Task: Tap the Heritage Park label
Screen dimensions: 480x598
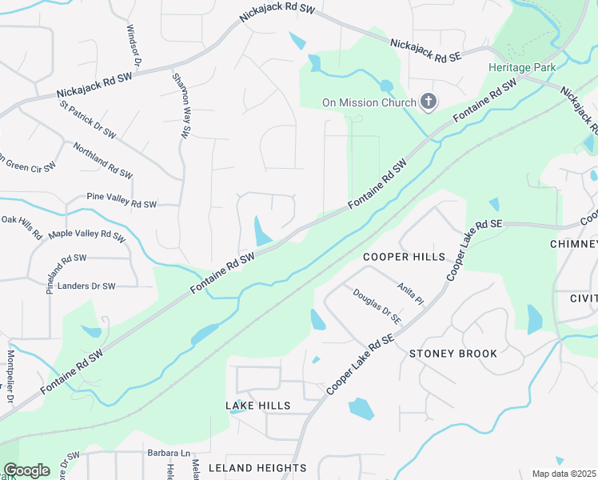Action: coord(522,68)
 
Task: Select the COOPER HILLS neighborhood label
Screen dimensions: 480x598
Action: coord(404,257)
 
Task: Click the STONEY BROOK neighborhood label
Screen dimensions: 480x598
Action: coord(453,354)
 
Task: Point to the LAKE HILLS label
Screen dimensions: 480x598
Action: coord(258,406)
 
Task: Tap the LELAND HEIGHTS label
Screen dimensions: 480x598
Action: coord(257,467)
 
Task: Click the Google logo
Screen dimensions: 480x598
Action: coord(26,470)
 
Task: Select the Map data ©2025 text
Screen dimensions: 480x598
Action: coord(564,474)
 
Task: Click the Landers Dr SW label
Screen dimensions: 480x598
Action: coord(82,285)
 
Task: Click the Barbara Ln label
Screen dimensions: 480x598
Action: coord(169,453)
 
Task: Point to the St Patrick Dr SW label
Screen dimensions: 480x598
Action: coord(88,118)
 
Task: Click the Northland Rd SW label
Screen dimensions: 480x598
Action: coord(102,161)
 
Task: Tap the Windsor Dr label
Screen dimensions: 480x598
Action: coord(133,45)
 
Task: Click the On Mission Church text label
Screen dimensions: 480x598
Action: coord(369,102)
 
